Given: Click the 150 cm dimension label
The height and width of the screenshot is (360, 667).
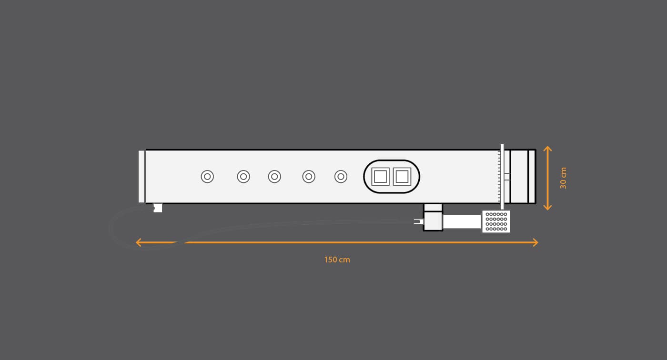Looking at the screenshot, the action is click(x=337, y=260).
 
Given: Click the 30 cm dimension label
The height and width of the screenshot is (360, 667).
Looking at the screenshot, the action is click(x=563, y=178).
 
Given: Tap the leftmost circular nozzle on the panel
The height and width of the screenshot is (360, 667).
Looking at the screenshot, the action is click(x=207, y=177).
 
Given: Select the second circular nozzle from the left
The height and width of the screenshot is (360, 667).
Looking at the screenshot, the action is click(x=243, y=177).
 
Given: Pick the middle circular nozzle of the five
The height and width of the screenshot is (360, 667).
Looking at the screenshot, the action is click(x=274, y=177).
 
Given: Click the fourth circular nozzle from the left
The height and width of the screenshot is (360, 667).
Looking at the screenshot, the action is click(x=309, y=177).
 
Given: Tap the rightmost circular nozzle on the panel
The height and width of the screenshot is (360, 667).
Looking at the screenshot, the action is click(x=341, y=177).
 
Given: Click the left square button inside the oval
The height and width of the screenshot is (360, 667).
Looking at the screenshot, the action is click(x=380, y=177).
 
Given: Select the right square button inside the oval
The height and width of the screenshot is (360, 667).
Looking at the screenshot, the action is click(x=402, y=177).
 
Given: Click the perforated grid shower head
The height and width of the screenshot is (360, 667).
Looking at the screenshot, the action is click(x=496, y=221).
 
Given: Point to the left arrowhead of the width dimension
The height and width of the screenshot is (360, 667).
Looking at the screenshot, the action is click(x=139, y=242).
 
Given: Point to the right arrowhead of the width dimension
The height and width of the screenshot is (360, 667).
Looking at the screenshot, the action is click(x=536, y=242).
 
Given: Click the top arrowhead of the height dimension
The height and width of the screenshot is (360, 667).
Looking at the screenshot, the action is click(x=547, y=149).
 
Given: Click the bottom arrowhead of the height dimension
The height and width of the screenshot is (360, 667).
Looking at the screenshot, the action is click(x=547, y=208).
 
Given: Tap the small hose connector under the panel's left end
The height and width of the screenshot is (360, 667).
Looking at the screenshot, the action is click(x=158, y=208).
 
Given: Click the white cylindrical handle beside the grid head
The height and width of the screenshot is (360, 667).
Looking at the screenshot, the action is click(x=462, y=222).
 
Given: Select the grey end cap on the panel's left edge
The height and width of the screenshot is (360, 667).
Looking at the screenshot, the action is click(x=141, y=177).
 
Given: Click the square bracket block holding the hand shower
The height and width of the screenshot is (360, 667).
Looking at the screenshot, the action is click(x=433, y=220).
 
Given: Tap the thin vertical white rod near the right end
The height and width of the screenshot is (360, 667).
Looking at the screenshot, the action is click(x=502, y=177).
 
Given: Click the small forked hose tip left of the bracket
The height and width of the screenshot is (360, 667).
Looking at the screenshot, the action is click(x=418, y=221).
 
